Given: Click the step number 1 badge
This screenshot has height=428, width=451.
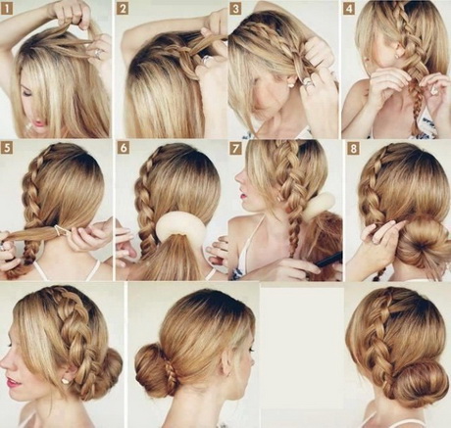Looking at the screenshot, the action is pos(7,9).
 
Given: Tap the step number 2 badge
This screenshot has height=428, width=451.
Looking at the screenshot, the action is pos(123,9).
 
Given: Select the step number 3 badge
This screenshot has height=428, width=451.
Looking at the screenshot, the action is pos(235,9).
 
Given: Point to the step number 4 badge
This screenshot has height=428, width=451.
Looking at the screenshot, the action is pos(349,9).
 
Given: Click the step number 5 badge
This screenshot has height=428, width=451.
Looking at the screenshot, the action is pos(7,148).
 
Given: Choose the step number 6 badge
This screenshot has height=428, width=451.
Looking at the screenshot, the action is pos(124,148).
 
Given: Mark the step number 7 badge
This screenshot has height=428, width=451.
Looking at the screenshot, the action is pos(235,148).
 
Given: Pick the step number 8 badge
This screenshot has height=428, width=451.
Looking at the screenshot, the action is pos(353,149).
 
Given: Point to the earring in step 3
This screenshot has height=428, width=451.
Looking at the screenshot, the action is pos(289,85).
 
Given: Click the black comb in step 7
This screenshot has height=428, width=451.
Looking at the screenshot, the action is pos(329,260).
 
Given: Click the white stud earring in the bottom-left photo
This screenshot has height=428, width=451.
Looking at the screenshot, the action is pos(68,380).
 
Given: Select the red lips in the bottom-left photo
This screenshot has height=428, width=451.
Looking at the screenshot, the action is pos(13,381).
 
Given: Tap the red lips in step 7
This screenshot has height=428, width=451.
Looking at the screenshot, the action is pos(243,197).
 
